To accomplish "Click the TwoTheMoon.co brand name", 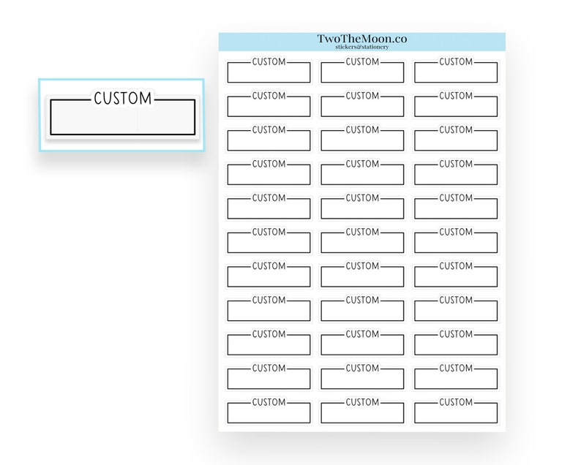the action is (362, 39).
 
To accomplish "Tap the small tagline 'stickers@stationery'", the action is (362, 47).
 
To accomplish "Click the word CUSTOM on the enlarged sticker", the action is (123, 99).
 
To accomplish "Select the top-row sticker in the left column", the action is (269, 70).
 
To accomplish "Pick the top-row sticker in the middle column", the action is (362, 70).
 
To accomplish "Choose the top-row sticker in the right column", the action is (456, 70).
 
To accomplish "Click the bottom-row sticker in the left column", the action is (269, 411).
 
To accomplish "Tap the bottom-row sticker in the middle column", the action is (362, 411).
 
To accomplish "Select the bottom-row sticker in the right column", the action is (456, 411).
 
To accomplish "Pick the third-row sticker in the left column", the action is (269, 138).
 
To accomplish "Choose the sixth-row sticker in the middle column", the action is (362, 241).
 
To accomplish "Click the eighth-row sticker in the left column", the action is (269, 309).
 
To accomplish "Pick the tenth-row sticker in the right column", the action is (456, 377).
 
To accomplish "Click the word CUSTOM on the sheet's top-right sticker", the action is (456, 61).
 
